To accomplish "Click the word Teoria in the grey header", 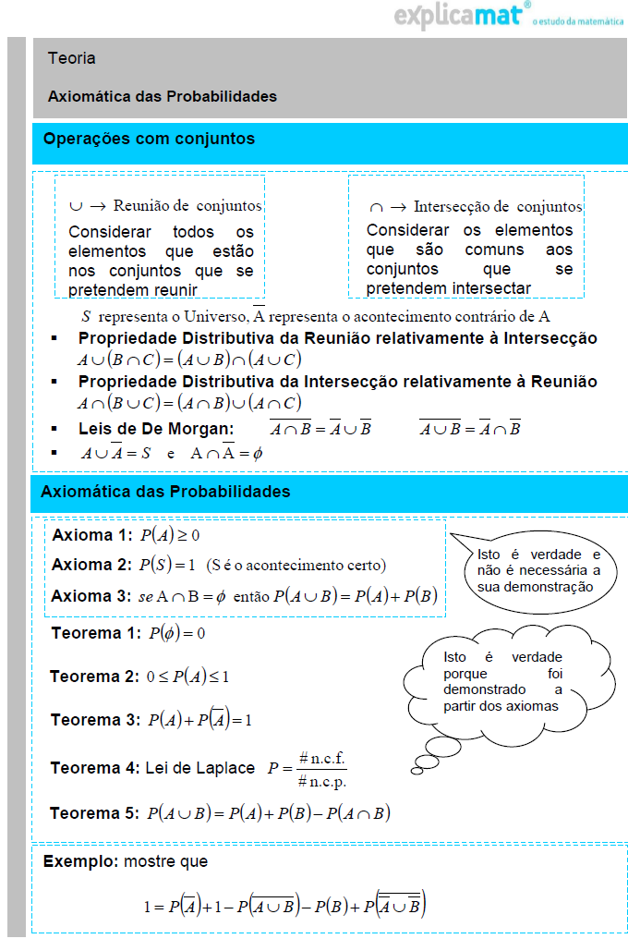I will click(x=72, y=58).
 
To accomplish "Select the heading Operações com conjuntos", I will click(x=150, y=140).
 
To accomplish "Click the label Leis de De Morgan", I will click(x=156, y=429).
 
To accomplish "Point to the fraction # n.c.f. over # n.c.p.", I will click(x=322, y=769).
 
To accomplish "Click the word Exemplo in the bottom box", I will click(x=80, y=861).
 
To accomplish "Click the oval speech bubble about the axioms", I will click(x=538, y=571).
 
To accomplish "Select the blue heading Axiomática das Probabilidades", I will click(x=165, y=492).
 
